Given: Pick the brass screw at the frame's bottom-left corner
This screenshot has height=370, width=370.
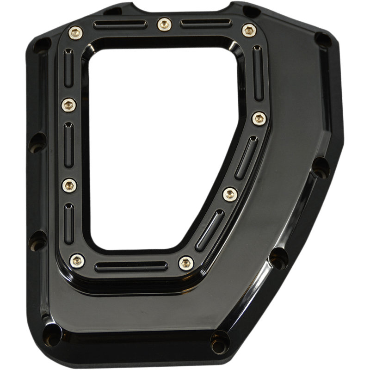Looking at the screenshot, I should point(77,260).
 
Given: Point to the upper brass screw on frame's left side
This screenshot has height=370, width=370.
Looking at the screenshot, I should point(69,105).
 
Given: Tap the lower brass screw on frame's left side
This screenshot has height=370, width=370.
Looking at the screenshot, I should point(69,185).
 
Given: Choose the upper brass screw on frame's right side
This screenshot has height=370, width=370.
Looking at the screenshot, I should point(259,118).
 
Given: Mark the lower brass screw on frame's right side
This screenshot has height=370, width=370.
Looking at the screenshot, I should point(229,192).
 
